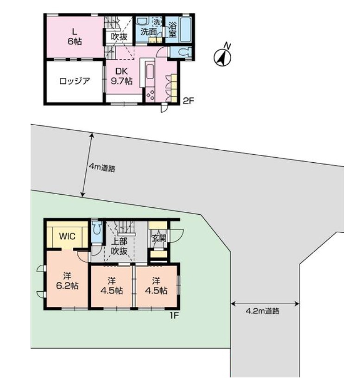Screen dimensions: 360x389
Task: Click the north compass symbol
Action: (222, 57)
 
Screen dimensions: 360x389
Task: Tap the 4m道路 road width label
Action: (102, 168)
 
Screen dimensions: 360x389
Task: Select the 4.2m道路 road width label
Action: (263, 311)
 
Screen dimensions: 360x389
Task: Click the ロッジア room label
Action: (75, 81)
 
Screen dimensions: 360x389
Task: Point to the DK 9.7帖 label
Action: (121, 76)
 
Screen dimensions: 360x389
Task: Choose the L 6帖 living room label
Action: (75, 36)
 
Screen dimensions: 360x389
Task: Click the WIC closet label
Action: (67, 236)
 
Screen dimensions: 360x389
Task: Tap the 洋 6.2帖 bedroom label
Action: (67, 281)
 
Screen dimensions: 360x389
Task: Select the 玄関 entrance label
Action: (158, 238)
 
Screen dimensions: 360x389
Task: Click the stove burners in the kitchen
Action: (150, 95)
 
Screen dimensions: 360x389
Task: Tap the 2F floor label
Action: (188, 101)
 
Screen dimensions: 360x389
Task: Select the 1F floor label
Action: (175, 315)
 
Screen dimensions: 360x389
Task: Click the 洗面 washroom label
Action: (149, 32)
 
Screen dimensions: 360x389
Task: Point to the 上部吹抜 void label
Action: (119, 246)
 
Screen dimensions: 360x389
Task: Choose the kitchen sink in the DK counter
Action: (150, 72)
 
